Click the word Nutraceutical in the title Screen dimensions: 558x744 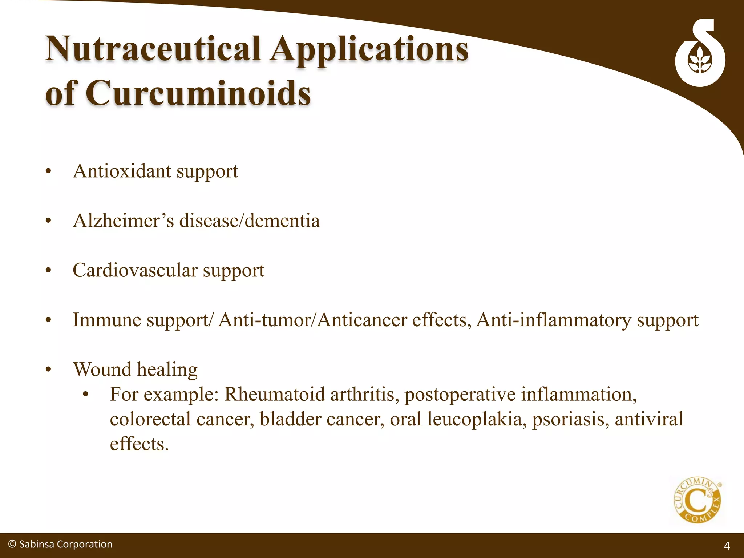[x=153, y=49]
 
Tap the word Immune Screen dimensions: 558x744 [x=107, y=320]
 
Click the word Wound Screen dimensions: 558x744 [x=102, y=369]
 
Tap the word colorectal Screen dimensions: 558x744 [x=150, y=419]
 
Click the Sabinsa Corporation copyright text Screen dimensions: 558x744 [x=60, y=544]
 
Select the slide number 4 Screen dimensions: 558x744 [x=727, y=546]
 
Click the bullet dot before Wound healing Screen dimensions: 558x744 [x=49, y=370]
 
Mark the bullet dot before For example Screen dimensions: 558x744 [x=86, y=395]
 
